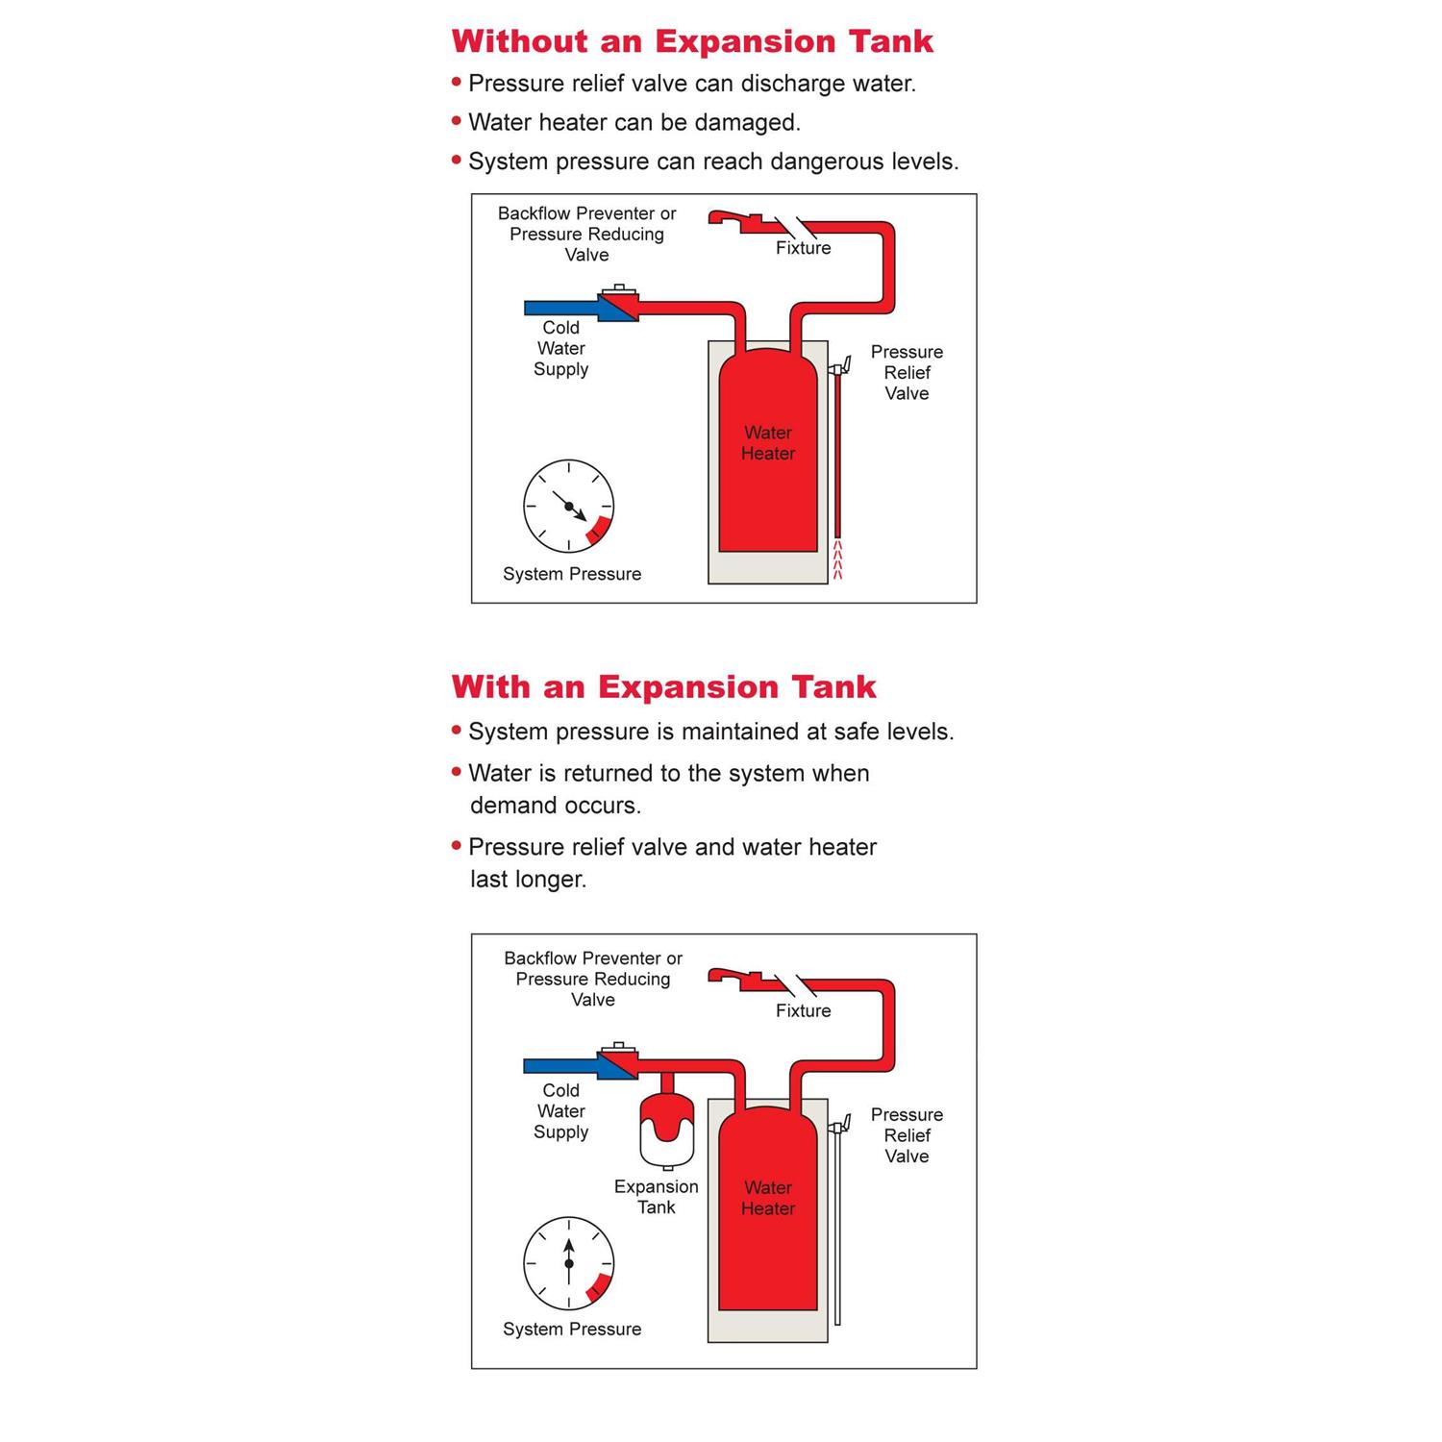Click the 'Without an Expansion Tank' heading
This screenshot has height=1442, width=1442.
point(692,41)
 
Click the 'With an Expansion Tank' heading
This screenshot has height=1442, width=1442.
point(663,687)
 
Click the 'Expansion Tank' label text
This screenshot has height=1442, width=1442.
point(657,1197)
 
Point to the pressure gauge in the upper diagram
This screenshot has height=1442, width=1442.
point(569,506)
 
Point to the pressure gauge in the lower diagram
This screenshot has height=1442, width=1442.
point(569,1263)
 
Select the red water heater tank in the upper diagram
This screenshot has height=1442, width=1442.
point(768,452)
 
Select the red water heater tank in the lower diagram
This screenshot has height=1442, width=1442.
point(768,1211)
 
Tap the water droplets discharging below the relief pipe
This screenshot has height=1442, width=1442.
point(837,561)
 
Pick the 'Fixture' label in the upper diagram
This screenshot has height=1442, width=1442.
point(804,248)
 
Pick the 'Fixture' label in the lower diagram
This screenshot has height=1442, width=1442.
point(804,1011)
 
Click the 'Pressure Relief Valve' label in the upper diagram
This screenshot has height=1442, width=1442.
point(907,373)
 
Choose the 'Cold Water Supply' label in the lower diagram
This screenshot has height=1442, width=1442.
point(561,1111)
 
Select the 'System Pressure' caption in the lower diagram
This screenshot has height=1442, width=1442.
point(572,1330)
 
